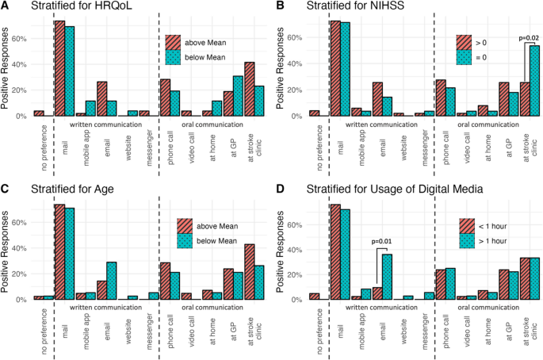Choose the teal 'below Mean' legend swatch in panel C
point(185,241)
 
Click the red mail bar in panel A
point(59,69)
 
